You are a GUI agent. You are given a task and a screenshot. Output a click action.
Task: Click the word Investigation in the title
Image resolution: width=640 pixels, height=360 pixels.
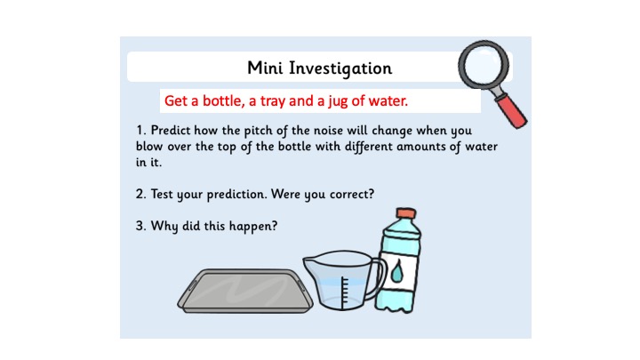[x=340, y=68]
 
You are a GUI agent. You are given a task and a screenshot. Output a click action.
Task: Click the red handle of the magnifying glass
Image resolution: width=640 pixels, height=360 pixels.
[x=512, y=110]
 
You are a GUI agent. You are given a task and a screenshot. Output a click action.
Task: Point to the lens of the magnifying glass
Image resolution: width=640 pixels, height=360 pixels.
[x=484, y=65]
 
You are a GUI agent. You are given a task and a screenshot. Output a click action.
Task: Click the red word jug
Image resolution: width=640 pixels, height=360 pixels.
[x=338, y=101]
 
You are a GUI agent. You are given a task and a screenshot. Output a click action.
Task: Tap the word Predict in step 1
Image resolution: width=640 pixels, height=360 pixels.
[x=171, y=130]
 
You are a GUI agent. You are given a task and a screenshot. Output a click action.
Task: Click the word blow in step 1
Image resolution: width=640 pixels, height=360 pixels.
[x=149, y=146]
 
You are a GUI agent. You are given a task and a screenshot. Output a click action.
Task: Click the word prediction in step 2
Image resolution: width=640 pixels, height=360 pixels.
[x=236, y=195]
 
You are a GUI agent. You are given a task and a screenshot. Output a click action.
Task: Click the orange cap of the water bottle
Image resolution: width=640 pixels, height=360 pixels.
[x=405, y=213]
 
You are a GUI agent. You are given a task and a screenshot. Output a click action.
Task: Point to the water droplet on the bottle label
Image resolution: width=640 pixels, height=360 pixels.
[x=396, y=272]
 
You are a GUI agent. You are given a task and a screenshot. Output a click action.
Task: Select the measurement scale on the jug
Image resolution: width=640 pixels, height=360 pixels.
[x=345, y=292]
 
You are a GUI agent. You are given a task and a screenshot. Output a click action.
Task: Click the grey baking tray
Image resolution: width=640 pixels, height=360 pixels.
[x=245, y=291]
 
